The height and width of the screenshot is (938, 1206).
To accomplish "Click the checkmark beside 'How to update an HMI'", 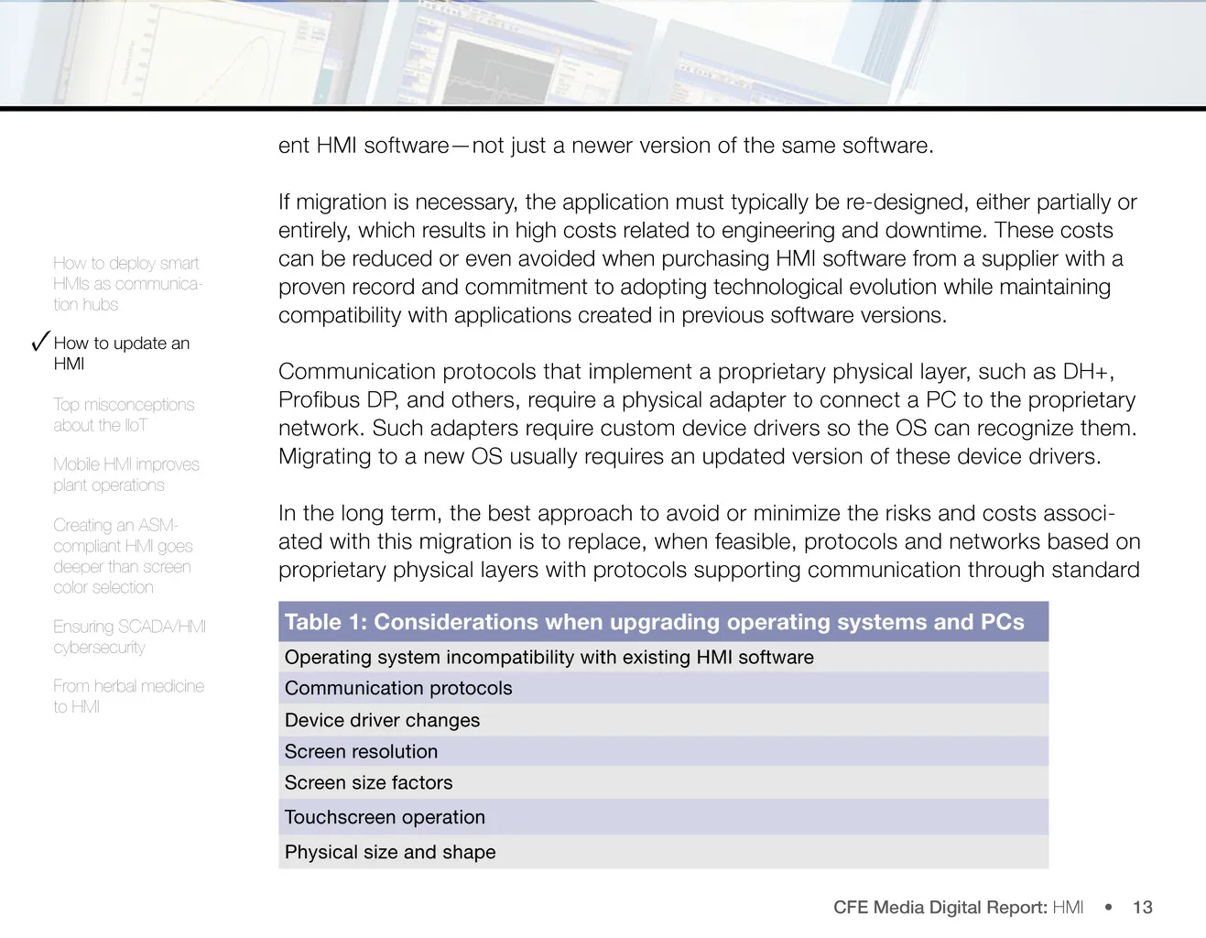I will tap(39, 342).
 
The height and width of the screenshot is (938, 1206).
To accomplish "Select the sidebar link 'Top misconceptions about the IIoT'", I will tap(124, 415).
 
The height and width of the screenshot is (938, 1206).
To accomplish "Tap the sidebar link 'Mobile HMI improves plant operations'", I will tap(126, 474).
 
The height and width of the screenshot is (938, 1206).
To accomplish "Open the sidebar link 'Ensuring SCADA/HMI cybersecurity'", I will tap(129, 637).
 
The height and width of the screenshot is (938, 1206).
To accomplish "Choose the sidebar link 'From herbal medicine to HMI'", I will tap(128, 696).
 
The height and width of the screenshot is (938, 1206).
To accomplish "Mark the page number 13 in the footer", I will tap(1142, 907).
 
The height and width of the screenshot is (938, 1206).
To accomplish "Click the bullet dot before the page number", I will tap(1108, 907).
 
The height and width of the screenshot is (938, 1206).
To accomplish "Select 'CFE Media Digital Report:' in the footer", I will tap(940, 907).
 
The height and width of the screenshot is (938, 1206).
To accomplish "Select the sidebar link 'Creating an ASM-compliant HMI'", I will tap(123, 556).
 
